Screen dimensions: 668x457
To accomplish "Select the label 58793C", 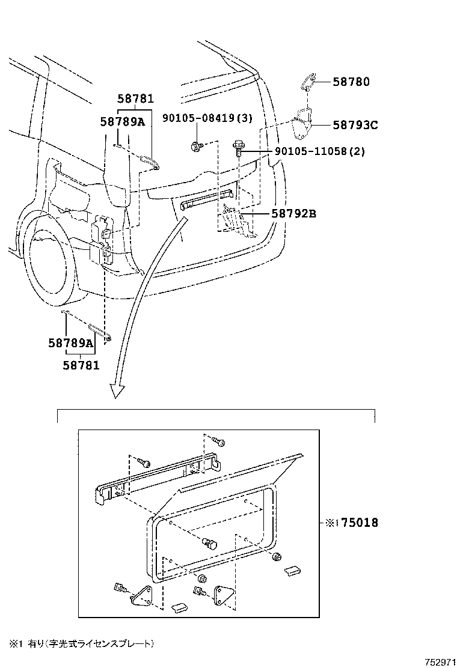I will point(355,125).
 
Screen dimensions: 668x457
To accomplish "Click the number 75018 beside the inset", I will point(360,523).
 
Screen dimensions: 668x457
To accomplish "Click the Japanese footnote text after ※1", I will point(90,643).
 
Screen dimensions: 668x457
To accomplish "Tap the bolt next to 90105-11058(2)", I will point(238,148).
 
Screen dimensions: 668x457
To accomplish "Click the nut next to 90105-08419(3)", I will point(196,145).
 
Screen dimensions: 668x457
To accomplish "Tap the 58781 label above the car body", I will point(135,99).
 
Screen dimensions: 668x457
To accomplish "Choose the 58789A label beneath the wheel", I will point(71,344).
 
